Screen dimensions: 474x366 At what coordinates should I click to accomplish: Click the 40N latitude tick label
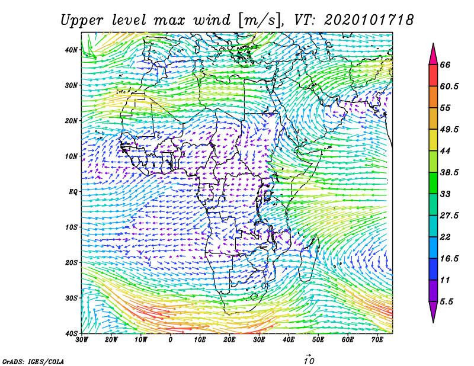pos(71,50)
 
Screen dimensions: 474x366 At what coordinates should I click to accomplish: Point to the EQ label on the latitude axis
pos(73,192)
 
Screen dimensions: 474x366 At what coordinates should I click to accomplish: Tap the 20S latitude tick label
pos(71,262)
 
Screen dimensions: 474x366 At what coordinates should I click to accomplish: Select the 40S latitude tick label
pos(71,333)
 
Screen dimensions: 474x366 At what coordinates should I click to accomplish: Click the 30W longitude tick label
pos(82,340)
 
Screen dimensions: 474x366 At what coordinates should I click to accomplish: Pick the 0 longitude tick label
pos(171,340)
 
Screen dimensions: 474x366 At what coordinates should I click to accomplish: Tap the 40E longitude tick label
pos(289,340)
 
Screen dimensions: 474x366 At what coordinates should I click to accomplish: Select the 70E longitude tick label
pos(377,340)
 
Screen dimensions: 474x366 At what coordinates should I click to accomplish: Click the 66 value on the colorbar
pos(446,65)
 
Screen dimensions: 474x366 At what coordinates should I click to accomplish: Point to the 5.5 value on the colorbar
pos(447,301)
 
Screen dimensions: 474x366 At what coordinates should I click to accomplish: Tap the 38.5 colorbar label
pos(450,172)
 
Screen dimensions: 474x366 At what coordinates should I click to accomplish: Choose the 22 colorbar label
pos(446,237)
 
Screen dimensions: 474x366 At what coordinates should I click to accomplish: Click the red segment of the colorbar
pos(433,76)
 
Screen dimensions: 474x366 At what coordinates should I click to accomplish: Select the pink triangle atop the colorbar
pos(433,54)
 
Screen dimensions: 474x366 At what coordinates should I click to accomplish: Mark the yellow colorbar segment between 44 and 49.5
pos(433,140)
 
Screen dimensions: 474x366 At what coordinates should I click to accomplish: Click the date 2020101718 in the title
pos(369,20)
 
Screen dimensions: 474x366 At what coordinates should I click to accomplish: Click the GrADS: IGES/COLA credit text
pos(33,361)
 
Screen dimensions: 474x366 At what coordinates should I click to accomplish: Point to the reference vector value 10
pos(309,361)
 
